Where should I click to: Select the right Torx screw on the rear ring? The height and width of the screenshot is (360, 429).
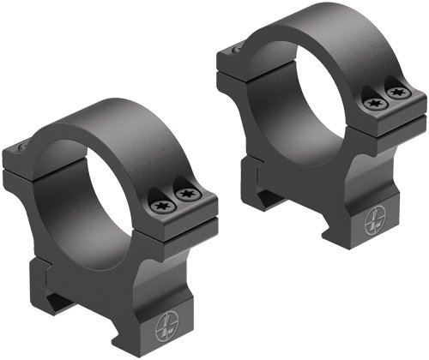(395, 92)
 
